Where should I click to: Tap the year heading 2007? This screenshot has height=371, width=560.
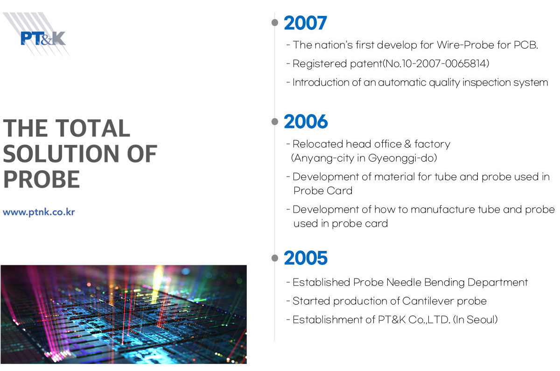click(x=305, y=23)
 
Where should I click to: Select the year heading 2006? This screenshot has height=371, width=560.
click(x=306, y=121)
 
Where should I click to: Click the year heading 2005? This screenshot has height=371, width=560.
click(x=306, y=258)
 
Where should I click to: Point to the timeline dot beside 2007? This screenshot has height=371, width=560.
click(x=275, y=22)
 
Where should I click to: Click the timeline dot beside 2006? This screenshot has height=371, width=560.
click(x=275, y=121)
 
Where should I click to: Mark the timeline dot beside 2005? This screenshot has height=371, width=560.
click(x=275, y=258)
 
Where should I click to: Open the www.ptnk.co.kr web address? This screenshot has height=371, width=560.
click(x=39, y=212)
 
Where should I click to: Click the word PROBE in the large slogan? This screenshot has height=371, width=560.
click(x=42, y=179)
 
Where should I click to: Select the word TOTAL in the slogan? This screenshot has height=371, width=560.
click(x=92, y=128)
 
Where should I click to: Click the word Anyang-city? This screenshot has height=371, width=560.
click(x=324, y=158)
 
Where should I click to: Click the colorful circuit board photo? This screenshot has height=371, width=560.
click(x=124, y=314)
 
